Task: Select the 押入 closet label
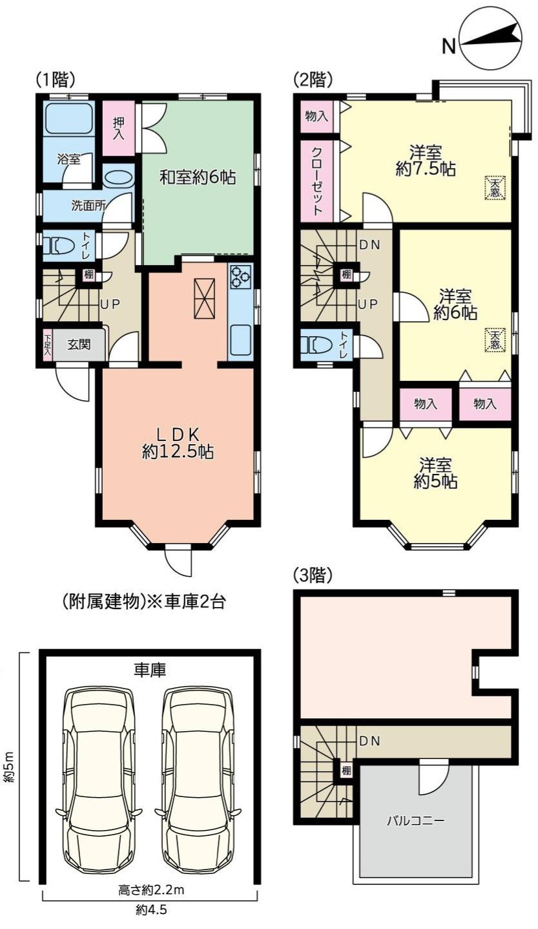coord(119,127)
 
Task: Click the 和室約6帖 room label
coord(198,178)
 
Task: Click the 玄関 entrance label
coord(79,344)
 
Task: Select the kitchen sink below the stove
coord(240,339)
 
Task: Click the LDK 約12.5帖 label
coord(178,443)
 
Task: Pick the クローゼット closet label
coord(317,180)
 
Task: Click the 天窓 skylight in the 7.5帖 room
coord(496,187)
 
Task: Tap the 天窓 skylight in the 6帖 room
coord(496,339)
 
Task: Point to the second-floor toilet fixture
coord(317,343)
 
